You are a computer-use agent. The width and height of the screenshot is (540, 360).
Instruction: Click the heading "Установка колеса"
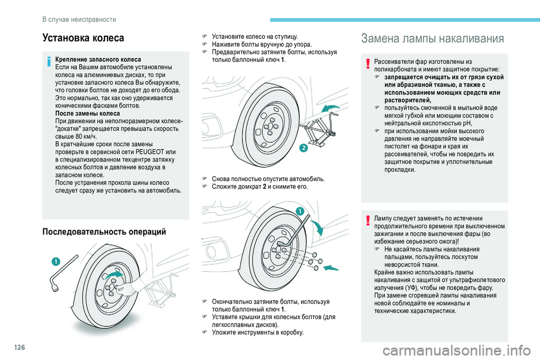tap(83, 39)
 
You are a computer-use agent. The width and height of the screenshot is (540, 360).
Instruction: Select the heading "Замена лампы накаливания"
tap(433, 39)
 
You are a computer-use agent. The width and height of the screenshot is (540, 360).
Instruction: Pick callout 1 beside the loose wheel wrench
tap(56, 260)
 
